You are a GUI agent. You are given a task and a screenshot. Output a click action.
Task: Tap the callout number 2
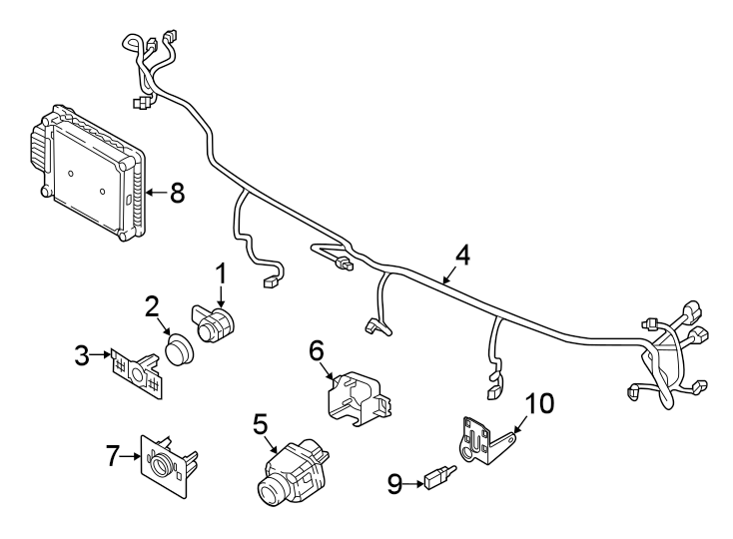coord(153,306)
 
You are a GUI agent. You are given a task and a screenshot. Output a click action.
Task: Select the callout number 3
coord(85,353)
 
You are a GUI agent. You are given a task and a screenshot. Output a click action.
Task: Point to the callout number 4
coord(460,256)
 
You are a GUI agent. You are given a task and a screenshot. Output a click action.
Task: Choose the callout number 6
coord(316,350)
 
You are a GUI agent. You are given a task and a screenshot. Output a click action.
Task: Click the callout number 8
coord(177,193)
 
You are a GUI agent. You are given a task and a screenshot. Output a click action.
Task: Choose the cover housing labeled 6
coord(357,396)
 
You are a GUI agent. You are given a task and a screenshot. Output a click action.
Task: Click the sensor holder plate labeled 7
coord(166,464)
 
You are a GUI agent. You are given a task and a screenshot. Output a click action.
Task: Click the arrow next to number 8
coord(155,193)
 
